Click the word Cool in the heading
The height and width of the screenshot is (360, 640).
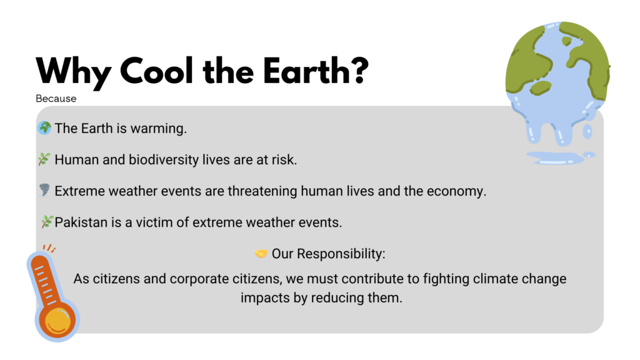156,71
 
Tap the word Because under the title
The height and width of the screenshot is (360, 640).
56,98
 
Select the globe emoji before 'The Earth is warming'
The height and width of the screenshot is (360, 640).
44,127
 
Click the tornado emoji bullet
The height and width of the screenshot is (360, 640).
44,190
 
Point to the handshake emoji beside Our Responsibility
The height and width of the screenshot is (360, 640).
261,254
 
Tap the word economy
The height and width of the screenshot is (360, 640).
456,191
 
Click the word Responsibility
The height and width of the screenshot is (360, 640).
341,254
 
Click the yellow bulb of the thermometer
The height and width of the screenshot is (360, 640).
57,319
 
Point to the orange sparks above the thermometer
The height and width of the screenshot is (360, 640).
49,248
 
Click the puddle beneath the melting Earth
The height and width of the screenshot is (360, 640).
559,157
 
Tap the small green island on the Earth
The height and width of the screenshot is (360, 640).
566,41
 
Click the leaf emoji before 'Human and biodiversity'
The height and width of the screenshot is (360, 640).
44,159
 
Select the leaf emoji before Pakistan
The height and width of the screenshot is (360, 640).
47,222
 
